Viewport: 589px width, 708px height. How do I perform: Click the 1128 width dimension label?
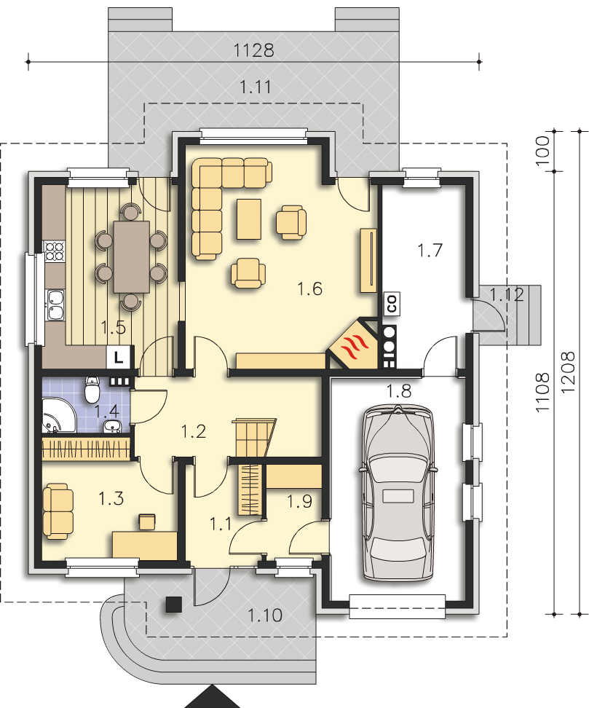(253, 50)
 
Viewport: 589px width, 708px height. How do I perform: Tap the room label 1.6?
(310, 288)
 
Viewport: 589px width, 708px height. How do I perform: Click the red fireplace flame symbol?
(355, 347)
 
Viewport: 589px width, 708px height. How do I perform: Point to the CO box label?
(392, 303)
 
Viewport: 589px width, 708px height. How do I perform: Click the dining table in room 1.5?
(131, 256)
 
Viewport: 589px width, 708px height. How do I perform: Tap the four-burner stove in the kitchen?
(54, 251)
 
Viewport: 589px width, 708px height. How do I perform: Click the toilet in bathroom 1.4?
(92, 389)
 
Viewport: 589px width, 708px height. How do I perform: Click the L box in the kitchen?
(119, 358)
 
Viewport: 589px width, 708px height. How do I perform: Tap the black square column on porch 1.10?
(174, 604)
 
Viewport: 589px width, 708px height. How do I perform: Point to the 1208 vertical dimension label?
(569, 372)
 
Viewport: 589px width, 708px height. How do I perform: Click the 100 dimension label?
(543, 150)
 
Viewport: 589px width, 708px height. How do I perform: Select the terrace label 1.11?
(256, 87)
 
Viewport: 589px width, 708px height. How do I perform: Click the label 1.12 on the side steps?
(507, 294)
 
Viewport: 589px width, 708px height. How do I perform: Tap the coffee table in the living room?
(249, 219)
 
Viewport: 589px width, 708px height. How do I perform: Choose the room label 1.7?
(430, 250)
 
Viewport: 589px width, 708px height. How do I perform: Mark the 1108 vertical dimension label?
(543, 391)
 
